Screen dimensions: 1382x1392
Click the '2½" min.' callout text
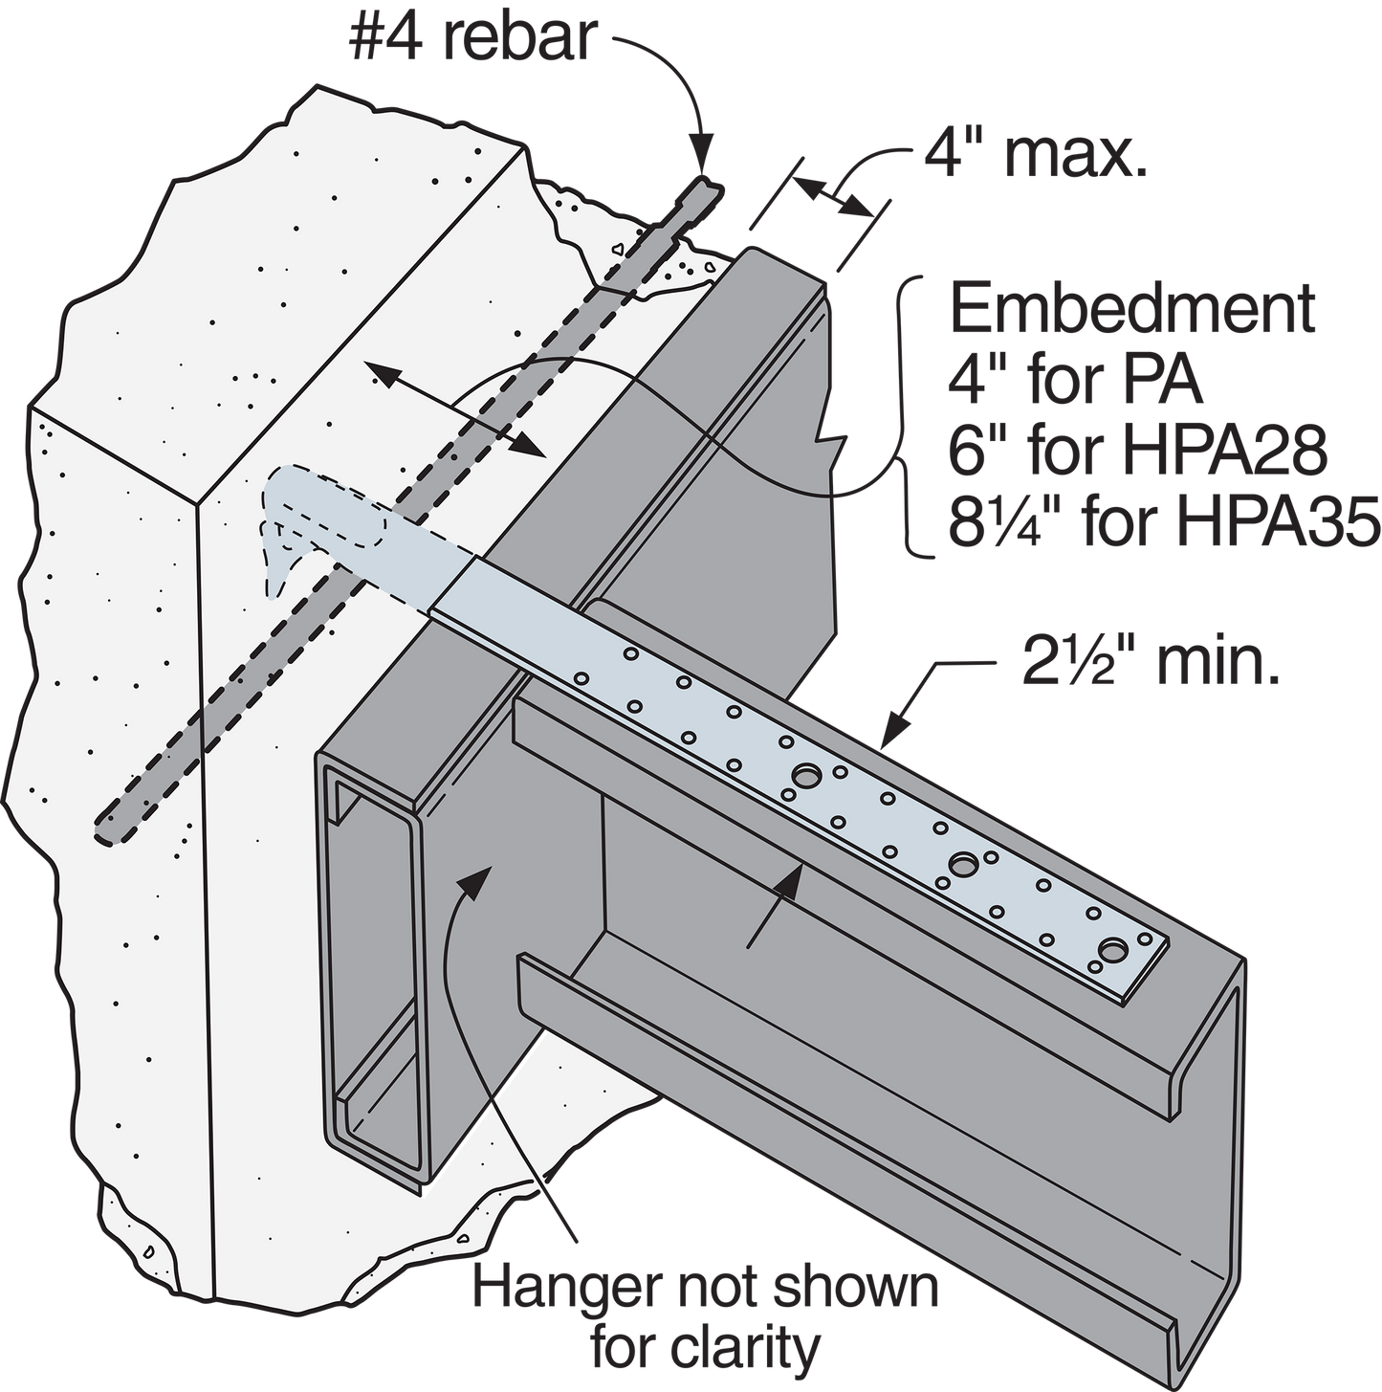coord(1150,666)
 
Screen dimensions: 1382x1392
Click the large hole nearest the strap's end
coord(1115,951)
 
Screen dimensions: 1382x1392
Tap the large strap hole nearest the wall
coord(807,776)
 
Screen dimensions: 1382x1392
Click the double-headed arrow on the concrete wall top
coord(455,410)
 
